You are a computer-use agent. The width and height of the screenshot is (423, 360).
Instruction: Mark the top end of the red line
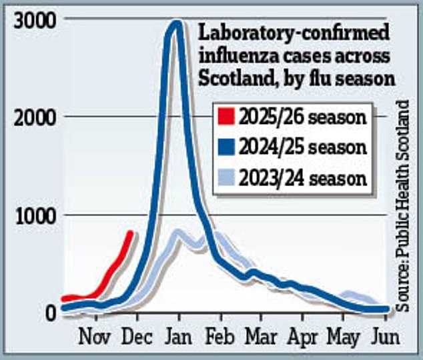(131, 233)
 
